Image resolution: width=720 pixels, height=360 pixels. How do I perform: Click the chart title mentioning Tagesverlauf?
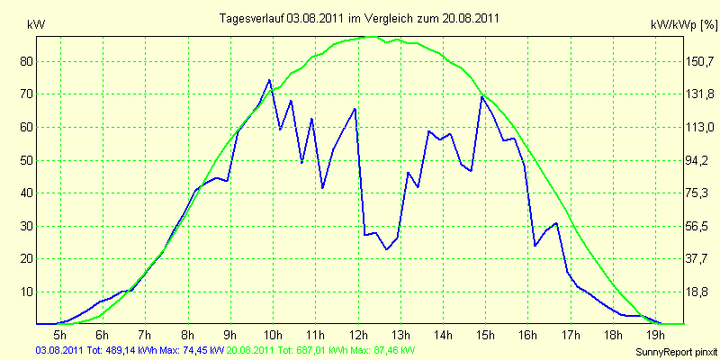(x=359, y=18)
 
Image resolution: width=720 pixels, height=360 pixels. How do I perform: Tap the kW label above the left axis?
(x=37, y=26)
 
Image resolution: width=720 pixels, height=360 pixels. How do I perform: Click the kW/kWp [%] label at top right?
(x=683, y=25)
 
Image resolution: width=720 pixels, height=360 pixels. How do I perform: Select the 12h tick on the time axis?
(x=358, y=334)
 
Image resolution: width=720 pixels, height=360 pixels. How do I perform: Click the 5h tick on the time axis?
(x=60, y=334)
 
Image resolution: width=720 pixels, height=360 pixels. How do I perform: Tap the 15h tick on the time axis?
(x=486, y=334)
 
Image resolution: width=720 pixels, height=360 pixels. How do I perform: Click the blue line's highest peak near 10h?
(x=269, y=80)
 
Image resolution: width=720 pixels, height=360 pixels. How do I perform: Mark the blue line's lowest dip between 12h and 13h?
(x=387, y=249)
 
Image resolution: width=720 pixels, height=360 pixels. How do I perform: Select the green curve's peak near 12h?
(x=371, y=37)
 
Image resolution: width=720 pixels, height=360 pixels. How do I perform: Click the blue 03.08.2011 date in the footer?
(x=58, y=351)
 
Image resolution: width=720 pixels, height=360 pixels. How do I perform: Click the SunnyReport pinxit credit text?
(x=675, y=353)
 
